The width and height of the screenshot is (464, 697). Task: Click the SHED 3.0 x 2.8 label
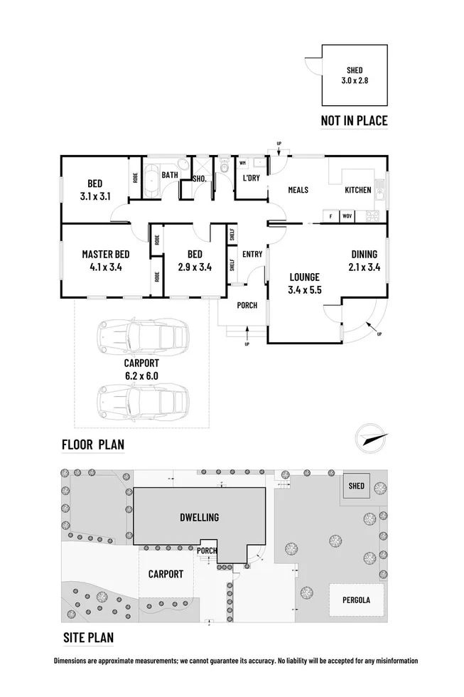[354, 75]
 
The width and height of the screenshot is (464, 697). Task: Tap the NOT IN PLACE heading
[354, 121]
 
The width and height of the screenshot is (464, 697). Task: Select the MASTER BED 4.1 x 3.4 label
[105, 261]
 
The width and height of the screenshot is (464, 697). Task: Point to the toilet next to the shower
[224, 169]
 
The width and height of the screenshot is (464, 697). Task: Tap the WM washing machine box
[242, 163]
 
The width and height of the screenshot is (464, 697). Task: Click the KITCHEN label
[357, 190]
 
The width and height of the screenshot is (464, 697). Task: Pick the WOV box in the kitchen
[347, 215]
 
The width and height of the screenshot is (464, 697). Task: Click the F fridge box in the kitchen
[330, 215]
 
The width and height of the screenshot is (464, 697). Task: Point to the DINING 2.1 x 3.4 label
[363, 261]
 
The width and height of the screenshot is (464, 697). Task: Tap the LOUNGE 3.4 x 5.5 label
[306, 283]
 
